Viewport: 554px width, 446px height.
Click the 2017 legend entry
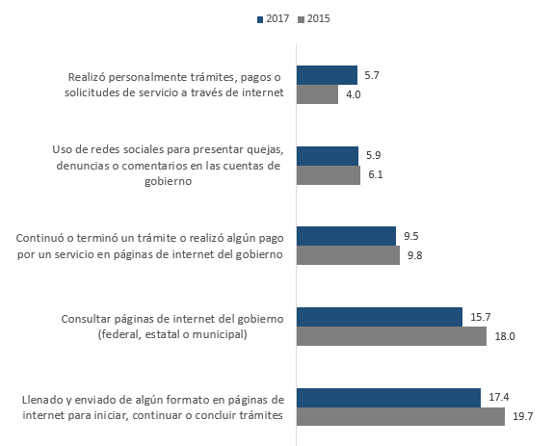pos(273,18)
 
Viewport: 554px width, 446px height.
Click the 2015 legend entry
pos(314,18)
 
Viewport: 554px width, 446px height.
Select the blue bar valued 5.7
pos(327,75)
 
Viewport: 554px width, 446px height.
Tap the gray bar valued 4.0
pos(317,94)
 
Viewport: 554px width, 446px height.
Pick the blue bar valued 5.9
pos(328,156)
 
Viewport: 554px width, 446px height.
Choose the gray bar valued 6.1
pos(329,175)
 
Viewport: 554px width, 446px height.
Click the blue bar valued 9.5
pos(346,236)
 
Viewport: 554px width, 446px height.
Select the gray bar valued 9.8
pos(348,255)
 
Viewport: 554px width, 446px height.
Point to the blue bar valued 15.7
pos(380,317)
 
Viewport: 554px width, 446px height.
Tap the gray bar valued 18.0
pos(391,336)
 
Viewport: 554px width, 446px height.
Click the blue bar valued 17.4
pos(388,398)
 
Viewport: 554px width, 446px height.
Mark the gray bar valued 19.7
pos(401,417)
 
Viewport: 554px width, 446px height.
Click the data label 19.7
pos(522,417)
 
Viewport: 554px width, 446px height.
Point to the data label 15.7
pos(480,317)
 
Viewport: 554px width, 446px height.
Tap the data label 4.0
pos(353,94)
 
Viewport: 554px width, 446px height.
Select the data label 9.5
pos(411,236)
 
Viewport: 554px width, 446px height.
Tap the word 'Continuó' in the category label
pos(40,238)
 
